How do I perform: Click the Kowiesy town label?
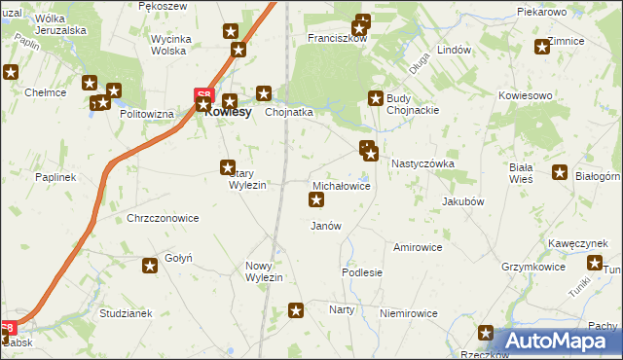pyautogui.click(x=229, y=112)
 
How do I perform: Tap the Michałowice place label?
pyautogui.click(x=341, y=185)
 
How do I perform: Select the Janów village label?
pyautogui.click(x=325, y=226)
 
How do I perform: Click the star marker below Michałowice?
pyautogui.click(x=316, y=200)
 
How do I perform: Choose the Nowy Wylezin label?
pyautogui.click(x=263, y=271)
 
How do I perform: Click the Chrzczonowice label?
pyautogui.click(x=163, y=218)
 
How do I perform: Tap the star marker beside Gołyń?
pyautogui.click(x=150, y=266)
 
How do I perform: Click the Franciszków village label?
pyautogui.click(x=337, y=39)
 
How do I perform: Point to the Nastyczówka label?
pyautogui.click(x=422, y=164)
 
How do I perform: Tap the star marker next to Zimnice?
pyautogui.click(x=542, y=47)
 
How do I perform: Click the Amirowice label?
pyautogui.click(x=418, y=247)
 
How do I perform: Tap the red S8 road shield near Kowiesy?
pyautogui.click(x=203, y=95)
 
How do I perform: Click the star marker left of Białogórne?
pyautogui.click(x=560, y=173)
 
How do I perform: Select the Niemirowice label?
pyautogui.click(x=409, y=313)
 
